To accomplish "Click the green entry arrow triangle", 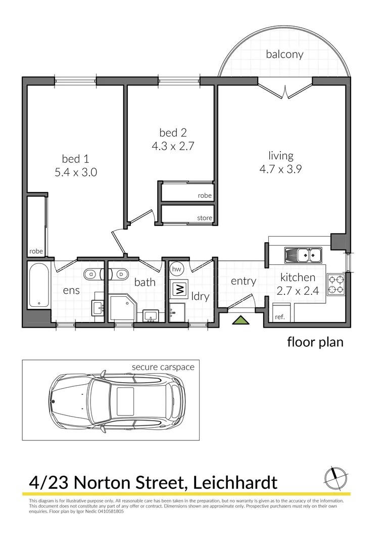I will click(240, 320).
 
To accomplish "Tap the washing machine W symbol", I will click(178, 289).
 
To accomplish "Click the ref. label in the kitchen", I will click(279, 317).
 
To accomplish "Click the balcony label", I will click(284, 54).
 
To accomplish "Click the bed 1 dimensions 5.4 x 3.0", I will click(76, 172).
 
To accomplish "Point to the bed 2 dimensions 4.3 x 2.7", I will click(173, 147).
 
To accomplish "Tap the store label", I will click(205, 218).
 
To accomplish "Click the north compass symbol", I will click(334, 475).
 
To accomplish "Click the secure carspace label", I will click(163, 367).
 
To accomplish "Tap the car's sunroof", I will click(126, 401).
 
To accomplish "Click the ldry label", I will click(200, 296).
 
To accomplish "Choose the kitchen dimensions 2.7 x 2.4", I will click(298, 291).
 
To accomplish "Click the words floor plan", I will click(315, 342).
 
